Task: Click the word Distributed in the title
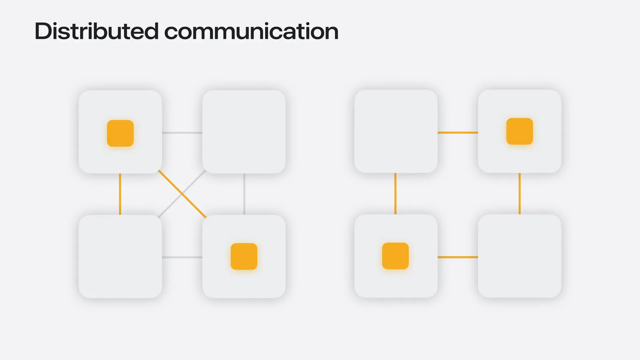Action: (97, 31)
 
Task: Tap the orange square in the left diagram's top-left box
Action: (120, 133)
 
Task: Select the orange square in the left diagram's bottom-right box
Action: (244, 256)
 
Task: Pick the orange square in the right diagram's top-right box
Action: (520, 131)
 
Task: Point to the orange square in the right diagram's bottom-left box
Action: (395, 256)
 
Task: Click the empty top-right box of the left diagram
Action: (244, 132)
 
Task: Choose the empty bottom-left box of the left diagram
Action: (120, 256)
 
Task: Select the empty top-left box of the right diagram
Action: (396, 131)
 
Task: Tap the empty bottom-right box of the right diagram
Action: (520, 256)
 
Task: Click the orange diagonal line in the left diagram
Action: (182, 194)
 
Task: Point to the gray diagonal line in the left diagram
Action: (182, 194)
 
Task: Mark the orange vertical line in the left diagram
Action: (120, 194)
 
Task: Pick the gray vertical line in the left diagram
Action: (244, 194)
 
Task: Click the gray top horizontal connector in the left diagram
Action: (182, 133)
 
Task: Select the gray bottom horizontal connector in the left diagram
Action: (182, 257)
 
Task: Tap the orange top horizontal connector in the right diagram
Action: (458, 132)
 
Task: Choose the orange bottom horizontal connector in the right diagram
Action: (458, 257)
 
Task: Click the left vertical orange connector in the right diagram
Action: (395, 194)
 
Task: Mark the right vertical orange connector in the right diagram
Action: (520, 194)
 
